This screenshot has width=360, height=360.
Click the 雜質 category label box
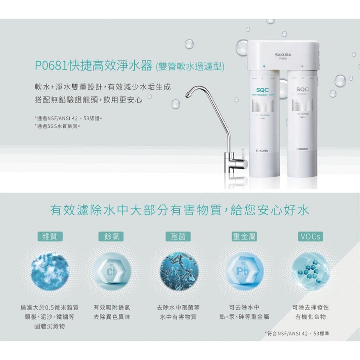point(50,236)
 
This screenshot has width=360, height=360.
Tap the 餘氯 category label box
point(111,236)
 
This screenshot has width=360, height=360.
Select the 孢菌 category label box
point(178,236)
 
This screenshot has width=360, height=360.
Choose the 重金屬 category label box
point(244,236)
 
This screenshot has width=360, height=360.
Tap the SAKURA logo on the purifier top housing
point(283,55)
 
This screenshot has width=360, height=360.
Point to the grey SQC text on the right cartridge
point(302,89)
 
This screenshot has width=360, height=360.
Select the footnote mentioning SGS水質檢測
point(58,126)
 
